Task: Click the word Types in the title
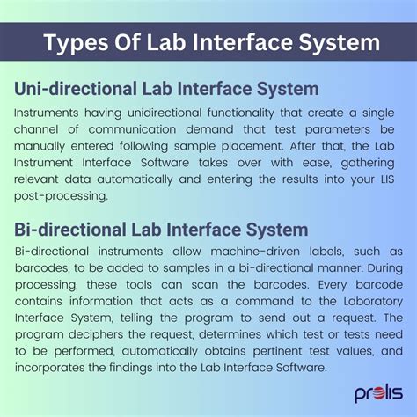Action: (x=77, y=43)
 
